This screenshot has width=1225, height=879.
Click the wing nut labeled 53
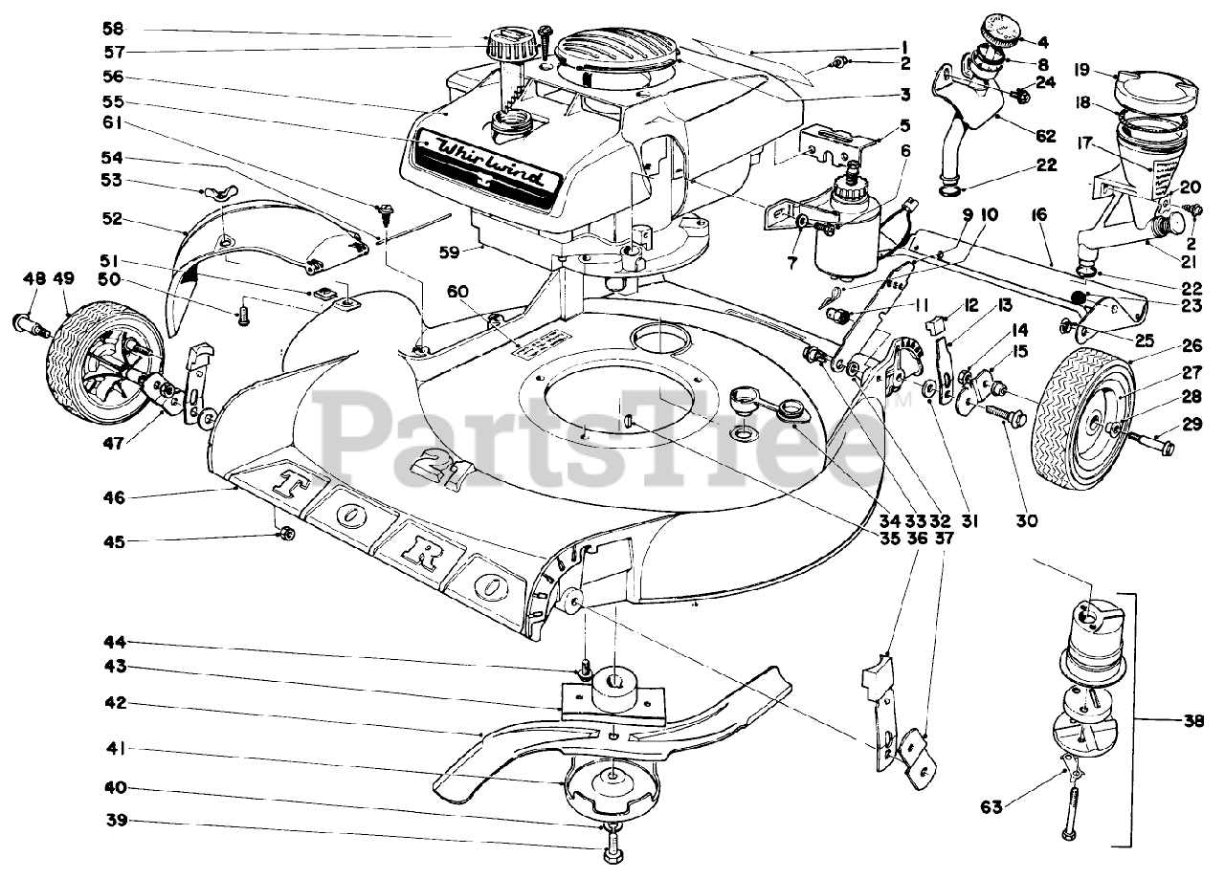pos(218,195)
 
